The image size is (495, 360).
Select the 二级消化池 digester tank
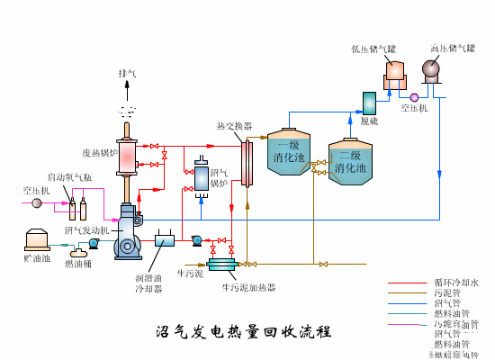point(349,162)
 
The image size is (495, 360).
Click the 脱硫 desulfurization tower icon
point(369,103)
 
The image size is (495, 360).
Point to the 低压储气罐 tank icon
point(395,72)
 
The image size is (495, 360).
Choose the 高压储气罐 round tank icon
point(431,68)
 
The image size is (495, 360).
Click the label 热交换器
point(234,126)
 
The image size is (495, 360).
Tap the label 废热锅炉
point(100,152)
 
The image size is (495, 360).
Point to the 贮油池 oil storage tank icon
point(37,240)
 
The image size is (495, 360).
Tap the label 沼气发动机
point(86,230)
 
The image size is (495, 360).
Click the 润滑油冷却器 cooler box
point(165,240)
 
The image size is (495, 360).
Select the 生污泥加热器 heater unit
point(220,264)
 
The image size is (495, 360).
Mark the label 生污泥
point(189,273)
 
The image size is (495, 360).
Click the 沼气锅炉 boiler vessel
point(201,176)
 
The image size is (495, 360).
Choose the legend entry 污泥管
point(447,292)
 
